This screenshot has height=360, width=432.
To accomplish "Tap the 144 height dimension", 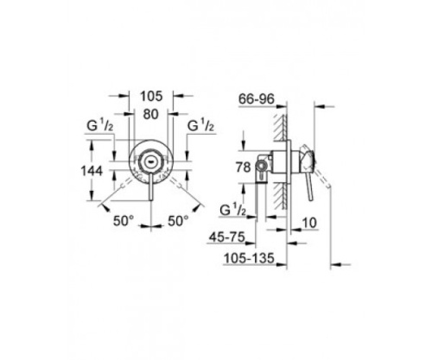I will pyautogui.click(x=104, y=171).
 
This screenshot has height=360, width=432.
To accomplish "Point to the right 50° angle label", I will pyautogui.click(x=178, y=221).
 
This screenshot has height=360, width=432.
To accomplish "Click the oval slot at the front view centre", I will pyautogui.click(x=152, y=161).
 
